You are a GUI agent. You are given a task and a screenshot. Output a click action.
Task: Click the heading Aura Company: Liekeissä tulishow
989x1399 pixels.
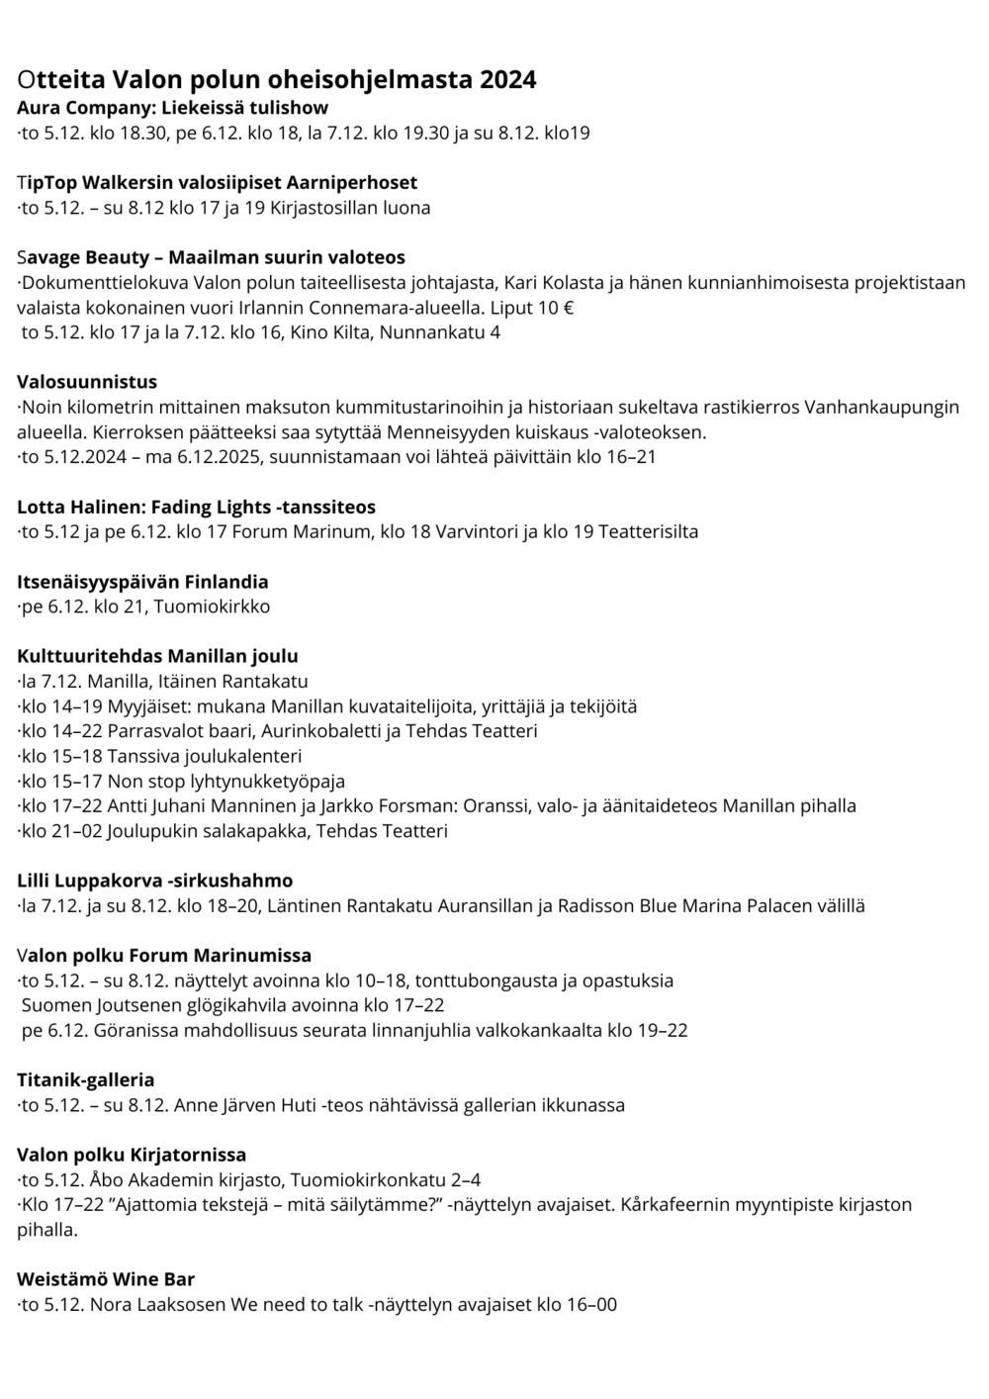pyautogui.click(x=172, y=108)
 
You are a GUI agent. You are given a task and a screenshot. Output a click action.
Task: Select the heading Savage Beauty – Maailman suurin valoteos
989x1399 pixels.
pyautogui.click(x=211, y=257)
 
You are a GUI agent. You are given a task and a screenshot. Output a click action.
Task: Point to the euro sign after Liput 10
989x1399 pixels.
pyautogui.click(x=568, y=308)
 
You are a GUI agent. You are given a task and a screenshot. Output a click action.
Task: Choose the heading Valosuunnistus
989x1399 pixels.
pyautogui.click(x=87, y=382)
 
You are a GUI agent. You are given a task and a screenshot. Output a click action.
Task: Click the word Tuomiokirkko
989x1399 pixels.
pyautogui.click(x=212, y=606)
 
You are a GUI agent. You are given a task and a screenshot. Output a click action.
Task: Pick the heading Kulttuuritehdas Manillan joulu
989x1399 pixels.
pyautogui.click(x=157, y=656)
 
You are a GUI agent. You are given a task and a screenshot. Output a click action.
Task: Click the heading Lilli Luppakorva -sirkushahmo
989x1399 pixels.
pyautogui.click(x=154, y=881)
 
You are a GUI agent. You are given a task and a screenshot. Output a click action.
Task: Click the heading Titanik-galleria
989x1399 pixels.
pyautogui.click(x=85, y=1079)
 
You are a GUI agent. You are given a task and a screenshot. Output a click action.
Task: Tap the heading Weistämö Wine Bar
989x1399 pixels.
pyautogui.click(x=106, y=1279)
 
